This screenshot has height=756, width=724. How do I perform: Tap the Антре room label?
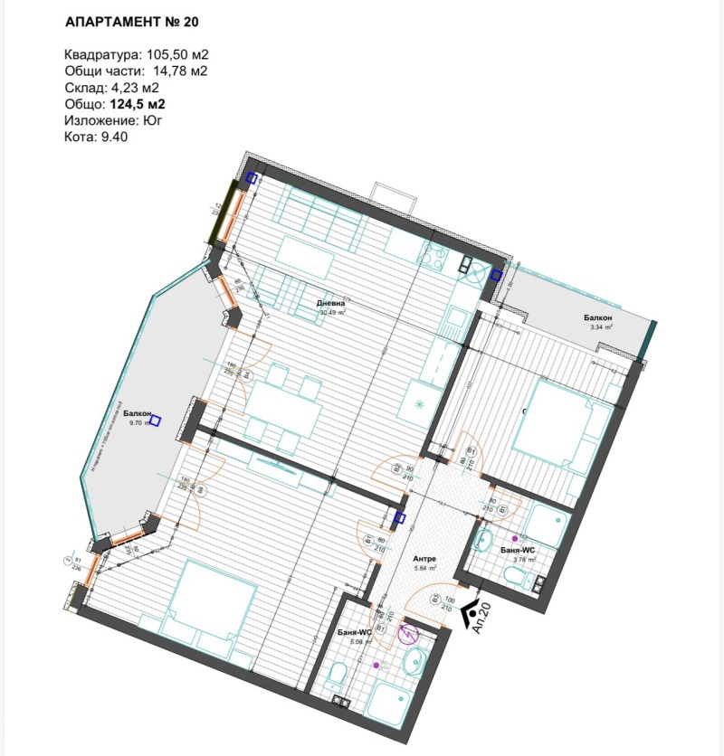(x=424, y=558)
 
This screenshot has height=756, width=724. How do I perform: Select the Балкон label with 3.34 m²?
(x=598, y=318)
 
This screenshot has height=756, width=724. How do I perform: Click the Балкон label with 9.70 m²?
(x=138, y=411)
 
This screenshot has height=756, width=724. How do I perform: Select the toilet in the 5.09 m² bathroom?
(x=338, y=675)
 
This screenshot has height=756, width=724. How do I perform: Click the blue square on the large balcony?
(x=156, y=420)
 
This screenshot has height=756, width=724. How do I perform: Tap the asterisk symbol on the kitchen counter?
(x=419, y=403)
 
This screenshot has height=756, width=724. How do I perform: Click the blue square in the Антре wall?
(x=401, y=518)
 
